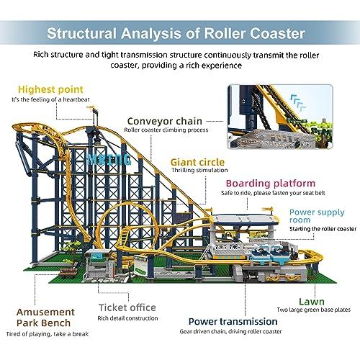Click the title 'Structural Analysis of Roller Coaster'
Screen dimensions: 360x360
pyautogui.click(x=179, y=34)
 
